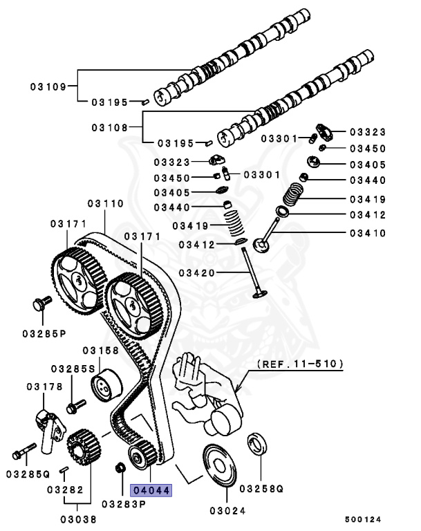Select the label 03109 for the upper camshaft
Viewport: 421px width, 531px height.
pyautogui.click(x=48, y=86)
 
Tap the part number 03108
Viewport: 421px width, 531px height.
pyautogui.click(x=110, y=127)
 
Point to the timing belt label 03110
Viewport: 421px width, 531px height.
pyautogui.click(x=106, y=204)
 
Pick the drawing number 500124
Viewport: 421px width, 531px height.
pyautogui.click(x=363, y=519)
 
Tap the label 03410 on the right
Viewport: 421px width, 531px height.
pyautogui.click(x=367, y=233)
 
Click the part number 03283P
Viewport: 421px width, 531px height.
pyautogui.click(x=124, y=503)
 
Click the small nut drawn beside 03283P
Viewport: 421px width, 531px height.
pyautogui.click(x=120, y=470)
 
